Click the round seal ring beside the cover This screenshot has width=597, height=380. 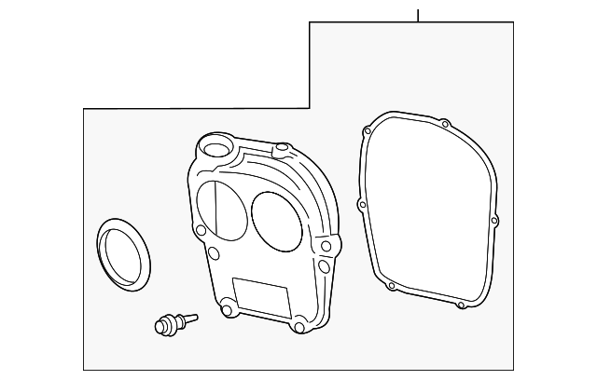121,251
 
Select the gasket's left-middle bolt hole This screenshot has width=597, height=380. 362,203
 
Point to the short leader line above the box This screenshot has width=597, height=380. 419,14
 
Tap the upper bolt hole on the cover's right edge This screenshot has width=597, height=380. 326,246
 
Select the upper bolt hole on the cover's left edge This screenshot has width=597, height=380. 200,230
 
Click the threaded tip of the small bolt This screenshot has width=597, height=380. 192,317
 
